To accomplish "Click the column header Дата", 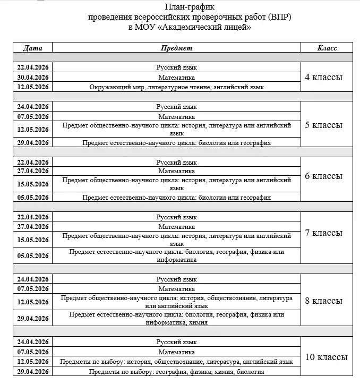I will [x=33, y=48].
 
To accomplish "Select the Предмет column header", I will [x=176, y=48].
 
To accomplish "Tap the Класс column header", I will [x=327, y=48].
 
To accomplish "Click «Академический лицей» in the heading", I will [x=213, y=27].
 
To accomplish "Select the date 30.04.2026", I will [x=33, y=77].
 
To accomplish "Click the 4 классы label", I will [x=323, y=77].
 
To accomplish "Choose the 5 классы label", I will [x=323, y=125].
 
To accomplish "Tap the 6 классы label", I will [x=323, y=176].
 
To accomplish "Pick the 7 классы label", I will [x=323, y=233].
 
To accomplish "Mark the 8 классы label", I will [x=323, y=301].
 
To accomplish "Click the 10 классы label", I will [x=326, y=356].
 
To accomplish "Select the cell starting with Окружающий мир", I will [x=176, y=87].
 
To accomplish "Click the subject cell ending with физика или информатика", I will [x=176, y=255].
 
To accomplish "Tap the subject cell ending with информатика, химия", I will [x=176, y=318].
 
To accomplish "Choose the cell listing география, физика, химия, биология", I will [x=176, y=372].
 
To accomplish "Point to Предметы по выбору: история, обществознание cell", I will [x=176, y=362].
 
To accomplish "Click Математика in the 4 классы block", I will [x=176, y=77].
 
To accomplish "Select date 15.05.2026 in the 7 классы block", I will [x=33, y=240].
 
